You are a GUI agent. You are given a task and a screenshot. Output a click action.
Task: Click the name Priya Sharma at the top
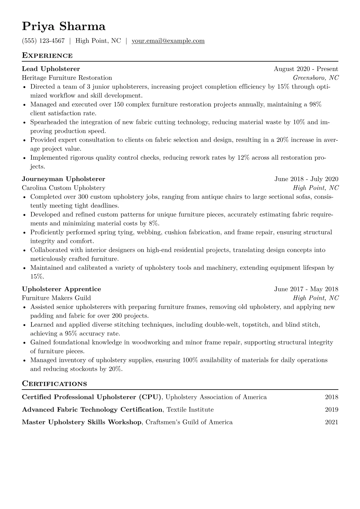coord(64,27)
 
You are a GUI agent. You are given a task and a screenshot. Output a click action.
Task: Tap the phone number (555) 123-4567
coord(43,41)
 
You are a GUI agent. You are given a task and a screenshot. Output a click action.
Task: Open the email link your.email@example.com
coord(168,41)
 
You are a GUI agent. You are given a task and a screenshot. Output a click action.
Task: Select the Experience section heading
coord(47,56)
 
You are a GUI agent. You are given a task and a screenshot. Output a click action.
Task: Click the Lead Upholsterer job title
coord(51,69)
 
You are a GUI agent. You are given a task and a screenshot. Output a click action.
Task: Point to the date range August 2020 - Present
coord(306,69)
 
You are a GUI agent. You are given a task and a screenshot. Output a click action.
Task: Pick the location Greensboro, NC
coord(316,78)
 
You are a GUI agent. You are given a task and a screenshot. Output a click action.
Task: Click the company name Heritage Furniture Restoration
coord(67,78)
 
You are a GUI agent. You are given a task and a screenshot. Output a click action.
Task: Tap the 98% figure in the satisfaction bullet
coord(315,105)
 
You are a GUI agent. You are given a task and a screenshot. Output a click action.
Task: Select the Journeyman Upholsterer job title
coord(64,179)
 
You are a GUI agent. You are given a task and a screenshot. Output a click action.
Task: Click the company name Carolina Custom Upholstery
coord(64,188)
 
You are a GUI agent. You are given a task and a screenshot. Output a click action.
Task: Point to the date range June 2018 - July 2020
coord(306,179)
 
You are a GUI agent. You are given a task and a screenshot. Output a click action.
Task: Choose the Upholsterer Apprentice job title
coord(61,289)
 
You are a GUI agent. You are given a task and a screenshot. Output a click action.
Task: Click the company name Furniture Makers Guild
coord(56,298)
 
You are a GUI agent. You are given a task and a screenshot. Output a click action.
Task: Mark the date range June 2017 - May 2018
coord(306,289)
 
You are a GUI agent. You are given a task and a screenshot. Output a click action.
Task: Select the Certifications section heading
coord(54,384)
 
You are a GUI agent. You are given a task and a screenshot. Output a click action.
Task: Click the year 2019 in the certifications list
coord(332,410)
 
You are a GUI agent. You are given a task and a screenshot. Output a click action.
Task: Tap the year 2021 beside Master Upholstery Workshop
coord(332,422)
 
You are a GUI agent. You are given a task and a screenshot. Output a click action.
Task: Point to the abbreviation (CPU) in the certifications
coord(150,397)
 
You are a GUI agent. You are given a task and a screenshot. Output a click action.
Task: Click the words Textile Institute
coord(190,410)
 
